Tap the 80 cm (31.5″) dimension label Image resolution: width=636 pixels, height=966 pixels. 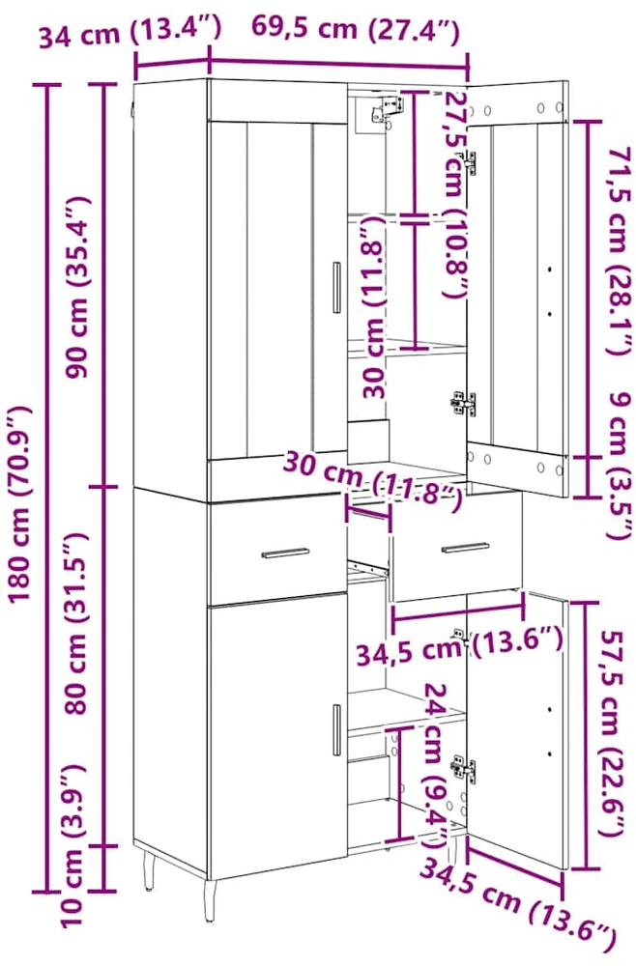(x=78, y=623)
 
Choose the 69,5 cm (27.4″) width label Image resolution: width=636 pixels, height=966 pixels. (x=355, y=29)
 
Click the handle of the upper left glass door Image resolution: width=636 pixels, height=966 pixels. (x=336, y=287)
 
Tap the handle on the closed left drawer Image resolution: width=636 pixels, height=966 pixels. (x=286, y=553)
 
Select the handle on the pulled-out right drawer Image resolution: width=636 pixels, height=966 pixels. (x=465, y=548)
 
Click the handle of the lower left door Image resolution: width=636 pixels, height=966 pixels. (x=336, y=729)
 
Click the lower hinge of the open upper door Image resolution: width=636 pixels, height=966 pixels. (x=462, y=402)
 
